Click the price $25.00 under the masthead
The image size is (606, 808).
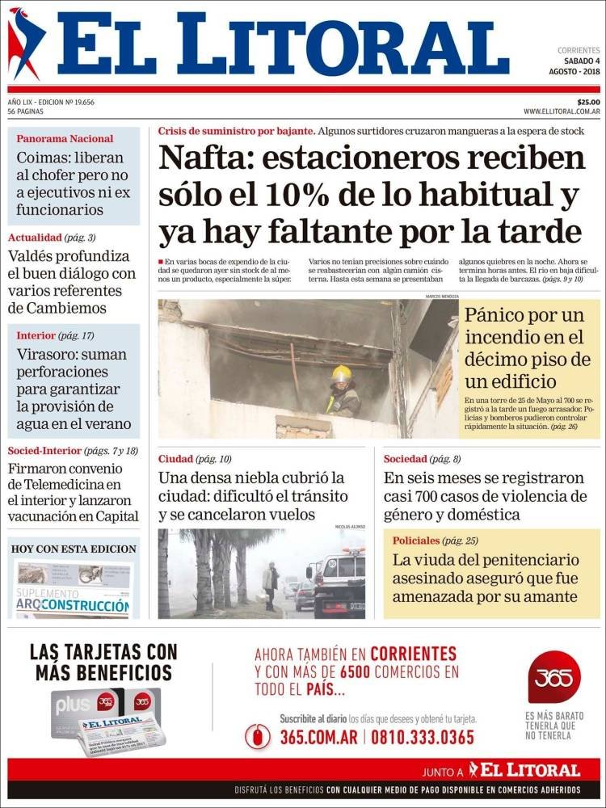[x=588, y=102]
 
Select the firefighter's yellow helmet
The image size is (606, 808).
[x=342, y=374]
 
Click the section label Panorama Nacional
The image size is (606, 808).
[x=65, y=138]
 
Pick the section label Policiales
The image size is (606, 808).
[x=416, y=540]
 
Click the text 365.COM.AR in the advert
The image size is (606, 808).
[x=318, y=737]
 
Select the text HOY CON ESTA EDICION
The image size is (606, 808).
[x=74, y=549]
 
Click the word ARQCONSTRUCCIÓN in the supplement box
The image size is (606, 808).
[x=85, y=604]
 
